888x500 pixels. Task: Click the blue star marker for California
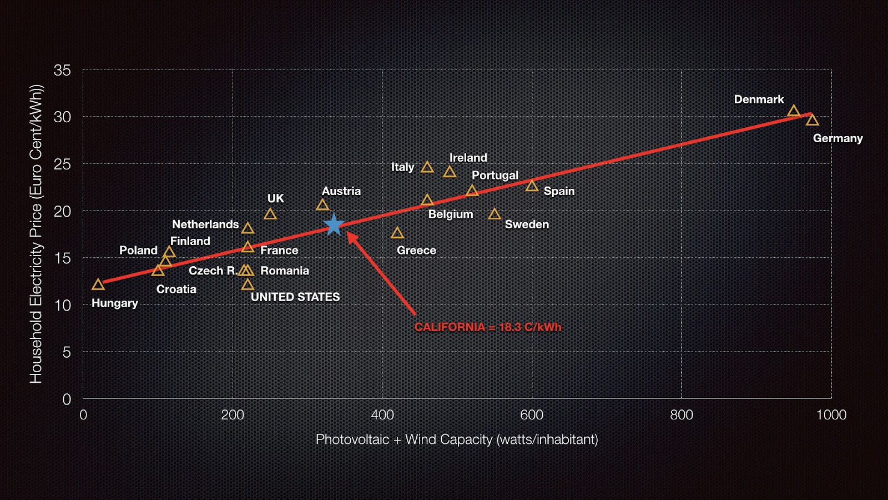point(334,224)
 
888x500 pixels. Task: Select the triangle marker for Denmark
point(794,111)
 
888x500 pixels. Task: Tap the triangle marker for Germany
point(812,120)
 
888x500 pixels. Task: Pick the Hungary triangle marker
point(98,285)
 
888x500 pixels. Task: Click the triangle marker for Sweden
point(495,214)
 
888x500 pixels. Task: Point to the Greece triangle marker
point(397,233)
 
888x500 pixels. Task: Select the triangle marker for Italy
point(427,167)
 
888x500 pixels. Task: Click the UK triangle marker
point(270,214)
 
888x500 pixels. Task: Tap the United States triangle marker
point(248,285)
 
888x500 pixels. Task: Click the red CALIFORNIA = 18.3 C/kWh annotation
point(488,327)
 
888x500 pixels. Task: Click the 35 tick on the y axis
point(62,71)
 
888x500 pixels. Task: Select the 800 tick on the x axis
point(681,415)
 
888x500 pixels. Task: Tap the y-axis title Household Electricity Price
point(36,234)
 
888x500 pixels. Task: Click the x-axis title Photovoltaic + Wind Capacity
point(457,439)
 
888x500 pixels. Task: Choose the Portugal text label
point(495,176)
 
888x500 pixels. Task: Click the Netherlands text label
point(205,224)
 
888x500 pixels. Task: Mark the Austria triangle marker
point(322,205)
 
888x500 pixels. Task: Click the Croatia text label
point(176,289)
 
